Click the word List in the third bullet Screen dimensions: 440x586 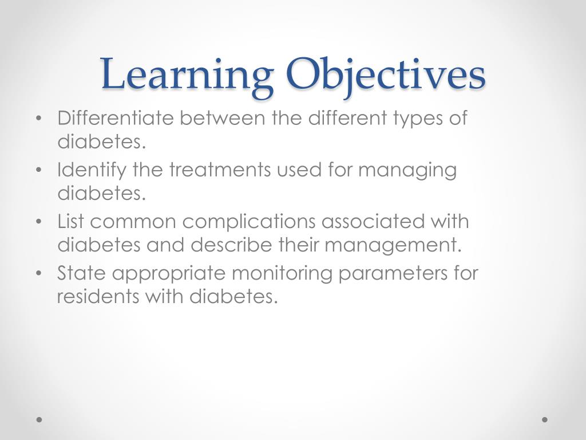pos(70,222)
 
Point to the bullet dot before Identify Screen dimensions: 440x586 pos(38,171)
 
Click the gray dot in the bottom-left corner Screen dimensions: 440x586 pos(39,419)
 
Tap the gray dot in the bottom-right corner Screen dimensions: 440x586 pos(545,419)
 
